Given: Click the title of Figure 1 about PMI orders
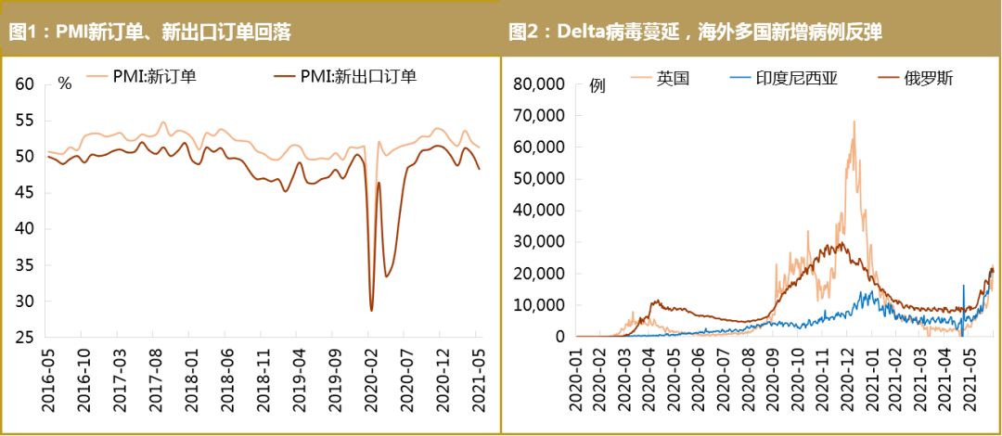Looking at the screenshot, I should tap(150, 32).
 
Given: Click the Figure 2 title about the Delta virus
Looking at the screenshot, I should tap(695, 32).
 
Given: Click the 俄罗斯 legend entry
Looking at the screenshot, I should tap(929, 79).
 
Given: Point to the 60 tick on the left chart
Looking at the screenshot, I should tap(25, 84).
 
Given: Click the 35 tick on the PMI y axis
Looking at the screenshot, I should tap(25, 265).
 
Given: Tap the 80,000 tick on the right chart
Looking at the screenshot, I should tap(538, 84).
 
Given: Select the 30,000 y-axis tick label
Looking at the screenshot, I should tap(538, 242).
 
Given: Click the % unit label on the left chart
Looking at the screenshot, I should tap(64, 83).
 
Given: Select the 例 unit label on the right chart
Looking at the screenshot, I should tap(597, 85).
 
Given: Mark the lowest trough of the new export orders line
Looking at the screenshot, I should tap(371, 310).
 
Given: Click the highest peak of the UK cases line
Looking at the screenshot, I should tap(854, 121).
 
